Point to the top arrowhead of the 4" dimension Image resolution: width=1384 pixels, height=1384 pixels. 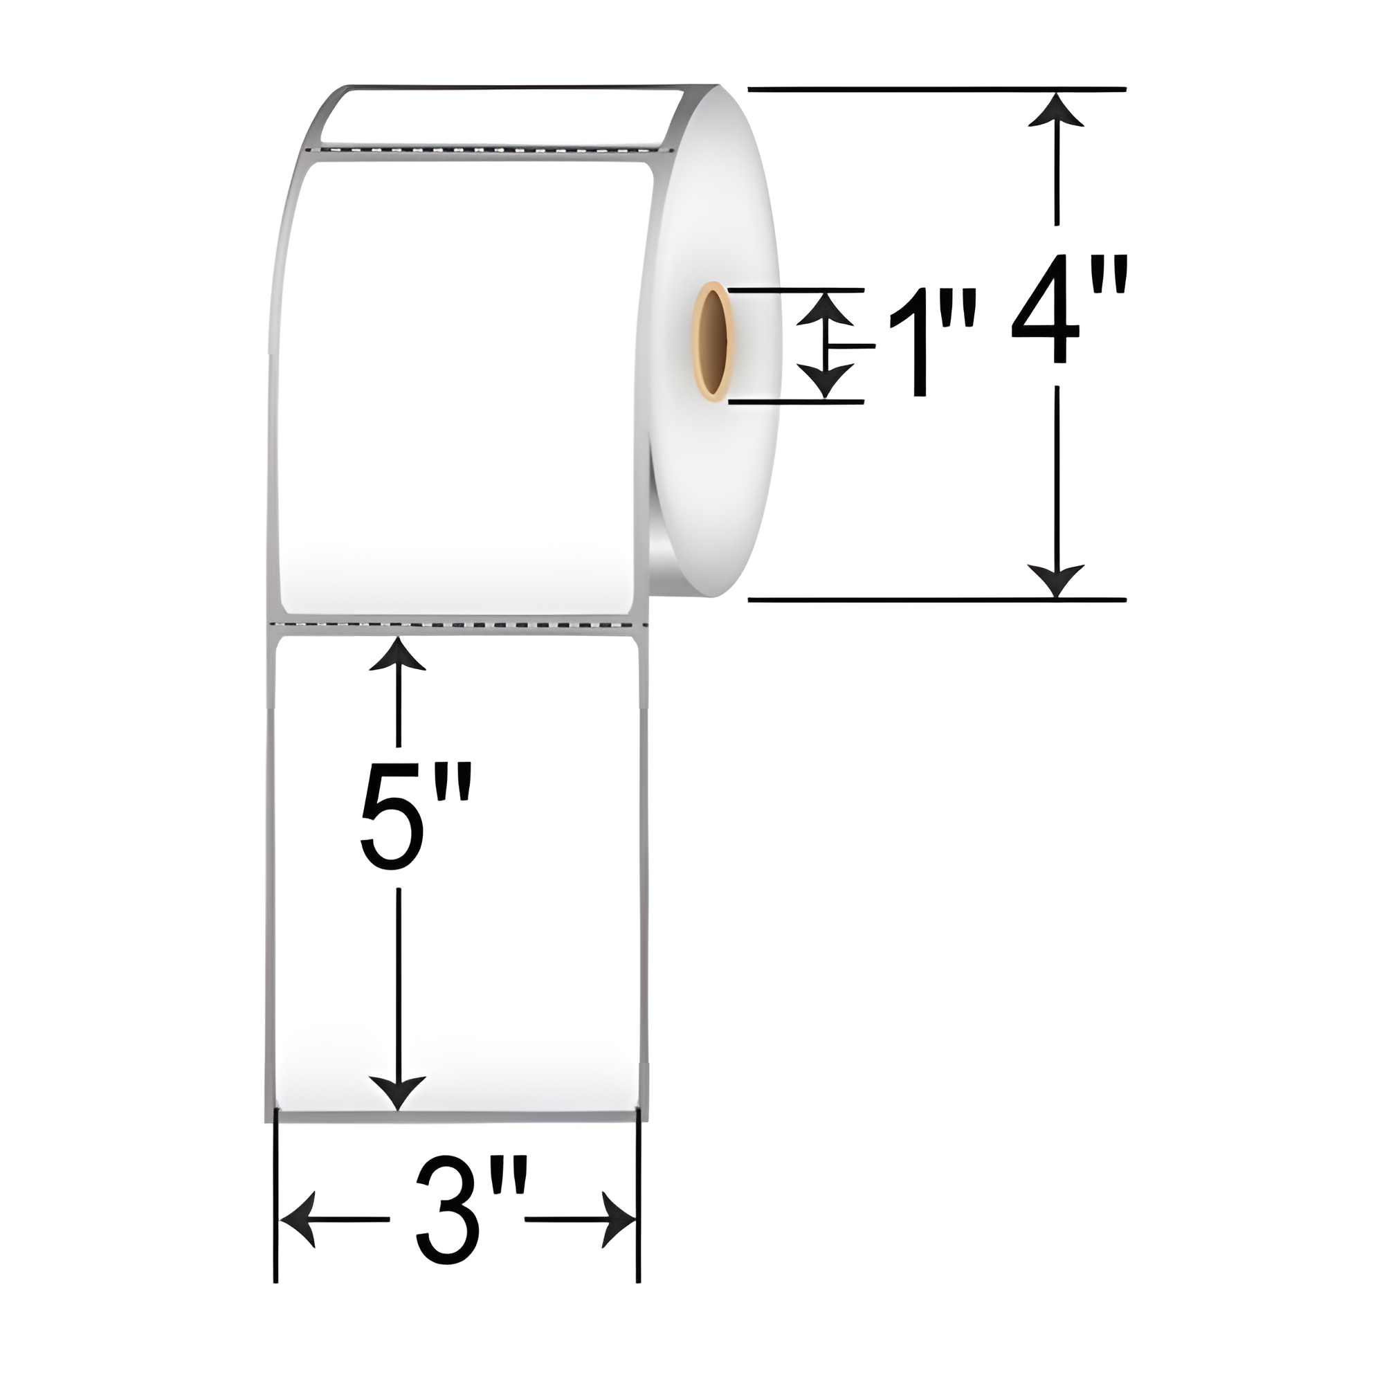(1055, 109)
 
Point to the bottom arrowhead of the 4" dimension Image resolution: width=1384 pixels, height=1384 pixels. (1055, 579)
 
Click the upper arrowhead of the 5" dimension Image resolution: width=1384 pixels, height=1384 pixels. (398, 652)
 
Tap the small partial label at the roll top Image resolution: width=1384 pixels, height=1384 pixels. (502, 115)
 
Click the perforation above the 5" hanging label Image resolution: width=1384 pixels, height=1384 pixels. (459, 626)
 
